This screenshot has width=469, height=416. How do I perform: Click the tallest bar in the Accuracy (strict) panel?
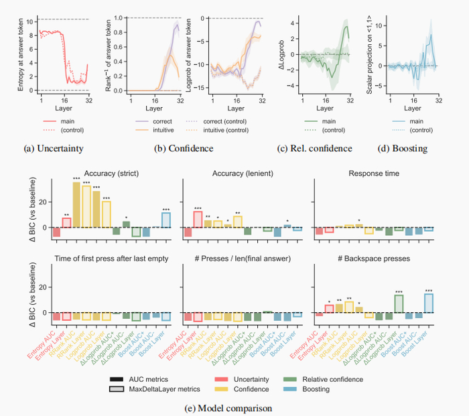coord(76,204)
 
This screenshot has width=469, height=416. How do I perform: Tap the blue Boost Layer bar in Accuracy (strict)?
coord(165,220)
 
